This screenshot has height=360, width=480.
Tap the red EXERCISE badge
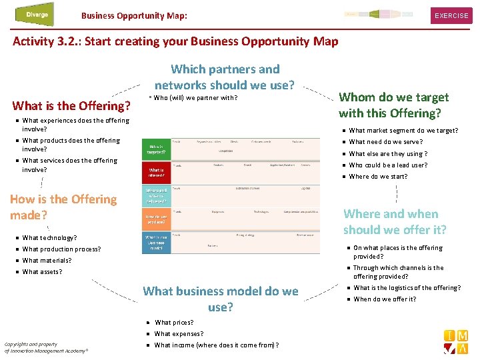coord(451,15)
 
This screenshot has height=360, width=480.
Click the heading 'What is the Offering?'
coord(71,105)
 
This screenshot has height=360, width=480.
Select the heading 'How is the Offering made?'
coord(63,207)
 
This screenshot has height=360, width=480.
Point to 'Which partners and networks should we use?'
coord(225,77)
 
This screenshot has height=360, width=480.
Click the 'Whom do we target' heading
coord(393,105)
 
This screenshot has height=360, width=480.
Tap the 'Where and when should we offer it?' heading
coord(395,221)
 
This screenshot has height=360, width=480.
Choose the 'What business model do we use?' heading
coord(221,299)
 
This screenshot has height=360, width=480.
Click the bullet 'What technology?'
coord(49,238)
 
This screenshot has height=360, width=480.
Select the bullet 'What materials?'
coord(47,261)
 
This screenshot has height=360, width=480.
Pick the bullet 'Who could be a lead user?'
coord(388,165)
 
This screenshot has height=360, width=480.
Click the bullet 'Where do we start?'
coord(378,177)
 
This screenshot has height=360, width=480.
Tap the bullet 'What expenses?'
coord(179,334)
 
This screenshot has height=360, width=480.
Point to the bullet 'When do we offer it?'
coord(385,299)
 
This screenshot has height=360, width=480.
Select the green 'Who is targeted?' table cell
coord(156,149)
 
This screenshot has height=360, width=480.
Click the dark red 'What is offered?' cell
coord(156,173)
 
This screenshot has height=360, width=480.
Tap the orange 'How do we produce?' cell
coord(156,219)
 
